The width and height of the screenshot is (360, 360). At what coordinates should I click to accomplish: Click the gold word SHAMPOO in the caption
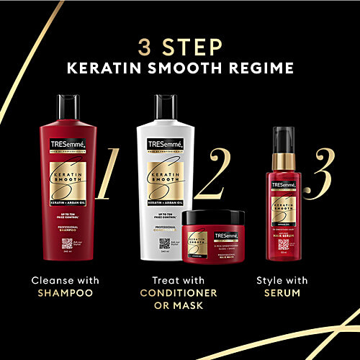click(65, 294)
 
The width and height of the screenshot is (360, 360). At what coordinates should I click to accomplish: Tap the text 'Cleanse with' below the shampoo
click(65, 279)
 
